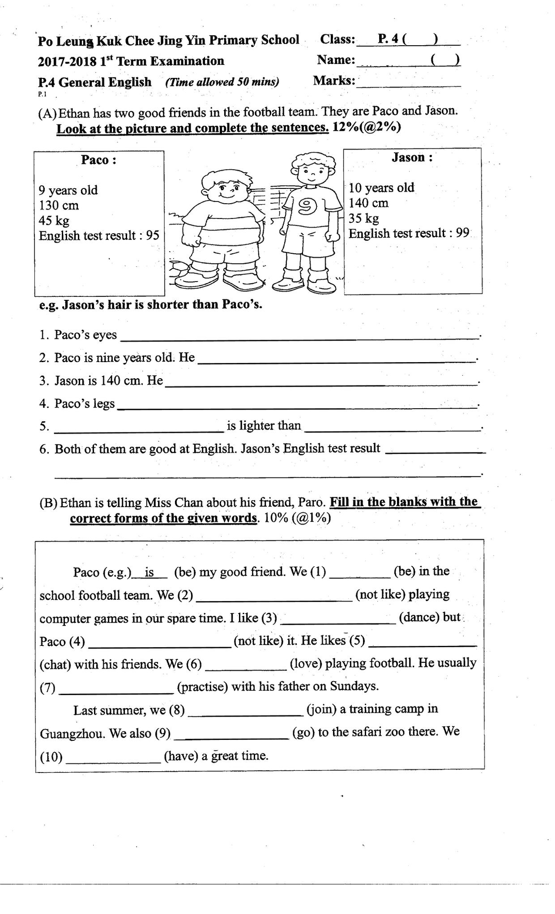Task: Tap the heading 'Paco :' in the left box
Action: point(98,160)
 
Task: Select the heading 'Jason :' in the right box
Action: point(412,158)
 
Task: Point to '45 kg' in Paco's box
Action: point(54,221)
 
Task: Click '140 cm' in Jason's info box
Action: point(368,203)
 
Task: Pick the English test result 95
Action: point(153,235)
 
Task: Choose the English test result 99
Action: point(462,233)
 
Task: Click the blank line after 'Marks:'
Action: point(408,82)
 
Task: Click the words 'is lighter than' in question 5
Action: point(264,425)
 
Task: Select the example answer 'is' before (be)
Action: point(149,572)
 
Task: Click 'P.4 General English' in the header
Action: point(95,82)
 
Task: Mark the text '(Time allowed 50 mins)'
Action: point(222,82)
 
